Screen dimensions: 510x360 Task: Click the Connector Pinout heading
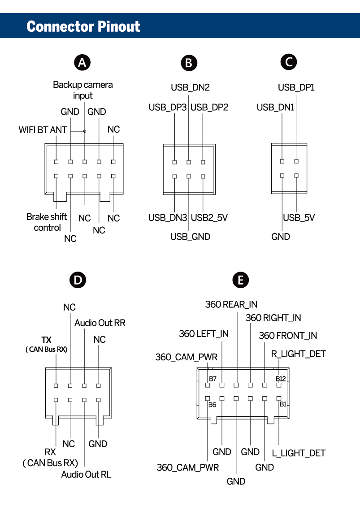[83, 26]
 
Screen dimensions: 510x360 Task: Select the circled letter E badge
[241, 281]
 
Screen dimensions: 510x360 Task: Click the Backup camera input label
[83, 90]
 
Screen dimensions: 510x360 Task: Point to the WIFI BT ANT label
[43, 130]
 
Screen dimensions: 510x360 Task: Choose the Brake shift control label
[47, 222]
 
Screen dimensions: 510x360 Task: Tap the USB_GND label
[190, 237]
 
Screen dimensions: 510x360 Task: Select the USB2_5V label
[209, 218]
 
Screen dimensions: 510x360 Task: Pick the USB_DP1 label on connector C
[296, 87]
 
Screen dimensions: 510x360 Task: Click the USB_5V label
[299, 218]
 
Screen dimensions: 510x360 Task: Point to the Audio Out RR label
[100, 323]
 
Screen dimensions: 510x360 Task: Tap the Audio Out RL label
[86, 474]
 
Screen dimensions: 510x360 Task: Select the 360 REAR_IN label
[231, 305]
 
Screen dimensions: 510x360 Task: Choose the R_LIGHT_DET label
[298, 354]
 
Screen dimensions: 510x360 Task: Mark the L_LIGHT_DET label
[299, 453]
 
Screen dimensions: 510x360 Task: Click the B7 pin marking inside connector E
[213, 379]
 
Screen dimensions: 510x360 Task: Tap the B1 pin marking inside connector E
[283, 404]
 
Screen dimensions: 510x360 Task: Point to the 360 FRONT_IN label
[288, 336]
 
